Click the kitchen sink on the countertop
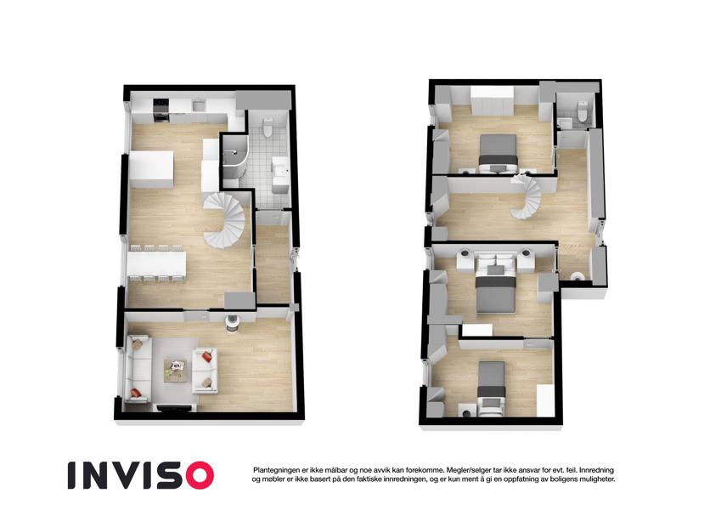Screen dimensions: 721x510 click(x=199, y=105)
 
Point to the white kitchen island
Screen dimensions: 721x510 click(x=152, y=169)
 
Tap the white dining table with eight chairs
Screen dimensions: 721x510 click(x=156, y=264)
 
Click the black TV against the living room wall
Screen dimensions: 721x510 click(x=175, y=408)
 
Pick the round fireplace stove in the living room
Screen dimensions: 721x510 click(x=232, y=321)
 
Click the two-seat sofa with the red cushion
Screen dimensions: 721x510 click(x=205, y=370)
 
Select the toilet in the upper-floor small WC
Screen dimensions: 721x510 click(x=583, y=111)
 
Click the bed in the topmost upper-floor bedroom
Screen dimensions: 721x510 click(x=499, y=153)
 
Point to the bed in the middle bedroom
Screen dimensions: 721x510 click(x=495, y=287)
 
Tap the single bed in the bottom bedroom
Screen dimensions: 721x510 click(x=492, y=387)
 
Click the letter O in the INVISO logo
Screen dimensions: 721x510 click(x=196, y=475)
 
